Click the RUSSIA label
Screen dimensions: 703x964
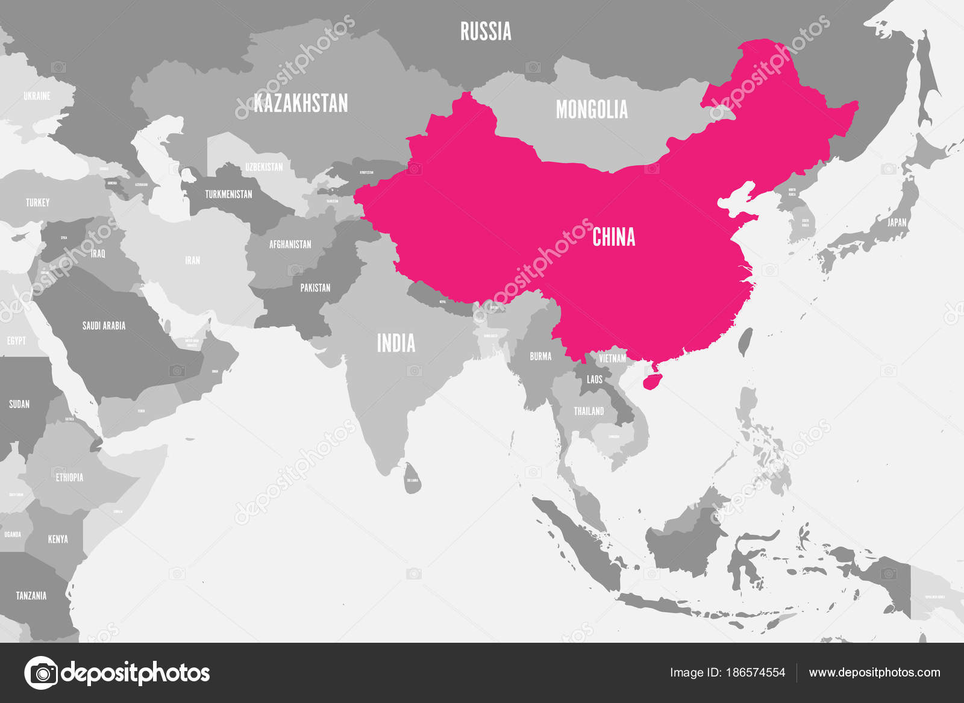(x=486, y=31)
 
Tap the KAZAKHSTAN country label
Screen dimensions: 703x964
(x=301, y=103)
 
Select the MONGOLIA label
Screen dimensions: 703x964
(x=592, y=110)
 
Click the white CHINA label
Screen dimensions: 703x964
(x=613, y=237)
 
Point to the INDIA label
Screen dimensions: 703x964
(x=396, y=343)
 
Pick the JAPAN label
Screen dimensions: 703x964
(x=897, y=222)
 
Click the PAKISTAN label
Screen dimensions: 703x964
(x=315, y=288)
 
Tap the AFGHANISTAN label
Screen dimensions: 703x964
(x=290, y=245)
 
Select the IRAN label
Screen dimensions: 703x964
(x=192, y=260)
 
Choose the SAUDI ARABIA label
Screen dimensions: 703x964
(x=104, y=326)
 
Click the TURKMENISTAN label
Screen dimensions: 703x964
(x=228, y=194)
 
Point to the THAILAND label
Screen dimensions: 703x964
(x=589, y=411)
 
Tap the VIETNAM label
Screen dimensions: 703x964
(x=612, y=358)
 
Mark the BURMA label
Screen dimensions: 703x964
(x=540, y=356)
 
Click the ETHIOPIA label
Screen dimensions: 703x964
(x=69, y=477)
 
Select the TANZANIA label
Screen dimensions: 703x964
(x=31, y=596)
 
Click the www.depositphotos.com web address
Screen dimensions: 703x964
(x=874, y=672)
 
